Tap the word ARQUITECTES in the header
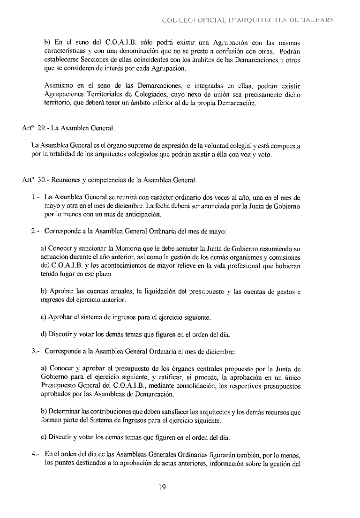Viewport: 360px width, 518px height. [x=256, y=21]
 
